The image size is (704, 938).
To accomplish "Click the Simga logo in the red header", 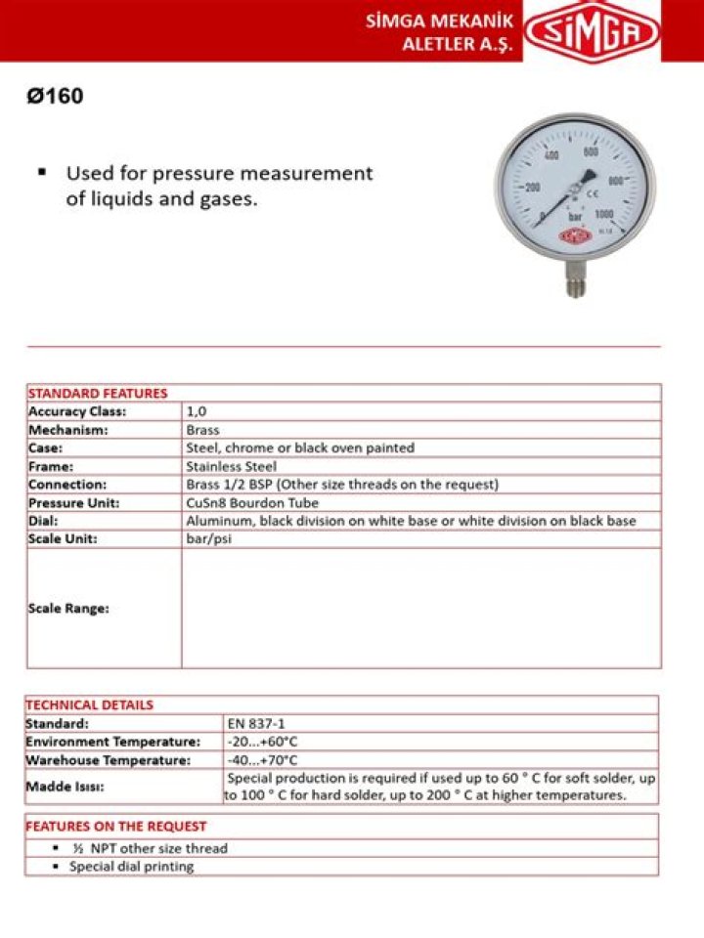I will coord(592,31).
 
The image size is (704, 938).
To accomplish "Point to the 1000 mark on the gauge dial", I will coord(604,214).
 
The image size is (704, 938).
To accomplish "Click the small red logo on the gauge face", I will coord(575,235).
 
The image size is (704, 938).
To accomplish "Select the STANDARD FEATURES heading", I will coord(97,393).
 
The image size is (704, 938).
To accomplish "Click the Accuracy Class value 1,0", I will coord(196,411).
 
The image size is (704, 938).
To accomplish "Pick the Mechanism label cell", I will coord(68,430).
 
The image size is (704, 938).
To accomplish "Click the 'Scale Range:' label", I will coord(68,608).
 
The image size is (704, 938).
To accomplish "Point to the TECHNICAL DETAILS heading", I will coord(89,704).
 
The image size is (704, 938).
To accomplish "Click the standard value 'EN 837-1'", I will coord(250,724).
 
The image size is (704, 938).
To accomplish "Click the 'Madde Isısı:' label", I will coord(65,787).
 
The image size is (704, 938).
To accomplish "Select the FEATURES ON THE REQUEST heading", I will coord(115,826).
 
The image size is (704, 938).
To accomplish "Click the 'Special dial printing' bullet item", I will coord(131,867).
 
